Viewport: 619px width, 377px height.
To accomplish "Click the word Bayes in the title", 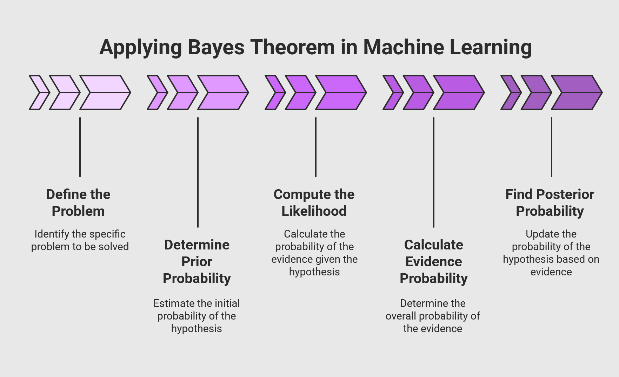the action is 215,47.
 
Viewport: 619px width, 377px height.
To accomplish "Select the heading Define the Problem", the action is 78,203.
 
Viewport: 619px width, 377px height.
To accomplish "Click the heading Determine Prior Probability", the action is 197,261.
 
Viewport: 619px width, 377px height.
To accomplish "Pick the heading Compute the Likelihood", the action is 314,203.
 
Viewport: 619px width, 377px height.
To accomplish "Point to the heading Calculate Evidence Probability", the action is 434,261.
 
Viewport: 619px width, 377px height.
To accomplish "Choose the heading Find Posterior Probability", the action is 550,203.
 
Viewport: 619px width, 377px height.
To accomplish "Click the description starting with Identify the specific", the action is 80,240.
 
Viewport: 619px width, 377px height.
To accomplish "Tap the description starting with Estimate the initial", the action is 197,316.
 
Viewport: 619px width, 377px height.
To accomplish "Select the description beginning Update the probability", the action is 551,253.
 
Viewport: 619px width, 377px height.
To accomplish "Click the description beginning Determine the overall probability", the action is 433,316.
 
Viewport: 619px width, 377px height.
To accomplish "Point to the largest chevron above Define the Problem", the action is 105,92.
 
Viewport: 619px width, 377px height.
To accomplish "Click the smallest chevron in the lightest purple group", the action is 39,92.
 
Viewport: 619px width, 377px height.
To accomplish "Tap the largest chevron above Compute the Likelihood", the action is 341,92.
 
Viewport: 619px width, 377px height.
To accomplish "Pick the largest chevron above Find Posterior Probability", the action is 577,92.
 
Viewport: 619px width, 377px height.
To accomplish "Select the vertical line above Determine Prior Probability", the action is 198,172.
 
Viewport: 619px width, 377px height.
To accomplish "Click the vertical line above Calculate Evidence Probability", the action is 434,172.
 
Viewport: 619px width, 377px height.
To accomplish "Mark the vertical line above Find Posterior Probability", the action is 552,147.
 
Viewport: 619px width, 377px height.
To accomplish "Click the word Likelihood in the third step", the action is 314,211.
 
